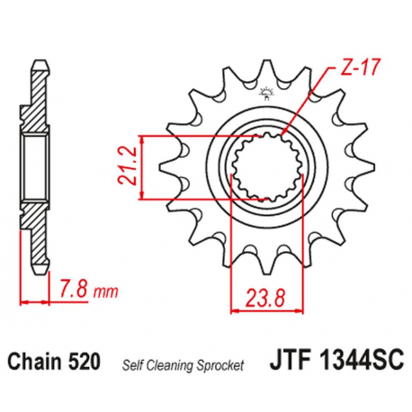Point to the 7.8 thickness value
tap(74, 291)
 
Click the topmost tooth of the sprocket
tap(267, 70)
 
